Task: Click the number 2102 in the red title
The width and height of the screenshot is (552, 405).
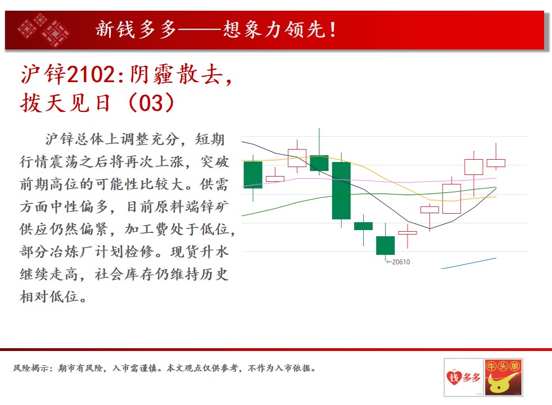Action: tap(91, 75)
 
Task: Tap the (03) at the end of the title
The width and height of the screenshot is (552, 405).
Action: tap(151, 103)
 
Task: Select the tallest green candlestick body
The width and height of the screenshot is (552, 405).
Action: tap(341, 191)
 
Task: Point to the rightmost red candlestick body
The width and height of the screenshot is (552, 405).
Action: tap(496, 163)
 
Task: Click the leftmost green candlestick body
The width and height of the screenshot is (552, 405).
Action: tap(253, 175)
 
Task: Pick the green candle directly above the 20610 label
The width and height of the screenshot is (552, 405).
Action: tap(385, 245)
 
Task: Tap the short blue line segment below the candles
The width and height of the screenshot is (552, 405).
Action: tap(469, 263)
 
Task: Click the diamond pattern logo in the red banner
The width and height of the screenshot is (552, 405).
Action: tap(43, 30)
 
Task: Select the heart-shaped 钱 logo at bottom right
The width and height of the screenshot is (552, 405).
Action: tap(463, 377)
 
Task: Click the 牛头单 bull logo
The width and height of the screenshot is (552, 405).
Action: tap(504, 377)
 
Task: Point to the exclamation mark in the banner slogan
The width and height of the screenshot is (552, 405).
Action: tap(333, 30)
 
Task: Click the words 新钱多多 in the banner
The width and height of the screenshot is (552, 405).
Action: tap(136, 29)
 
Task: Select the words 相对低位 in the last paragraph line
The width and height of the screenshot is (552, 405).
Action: tap(49, 296)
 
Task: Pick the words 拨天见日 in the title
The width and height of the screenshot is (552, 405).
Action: tap(65, 103)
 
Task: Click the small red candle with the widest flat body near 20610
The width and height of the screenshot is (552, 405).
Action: tap(408, 233)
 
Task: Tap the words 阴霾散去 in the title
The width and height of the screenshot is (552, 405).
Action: tap(176, 74)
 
